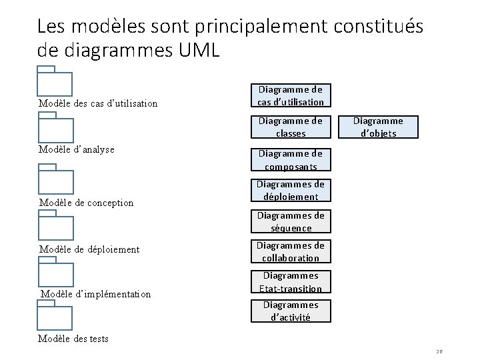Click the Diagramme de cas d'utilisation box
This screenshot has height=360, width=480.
pos(291,95)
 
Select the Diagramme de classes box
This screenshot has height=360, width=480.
pos(291,127)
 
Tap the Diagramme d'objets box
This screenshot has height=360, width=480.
pos(378,127)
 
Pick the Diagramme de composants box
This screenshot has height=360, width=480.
pos(291,160)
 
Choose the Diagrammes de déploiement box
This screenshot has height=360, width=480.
pos(291,190)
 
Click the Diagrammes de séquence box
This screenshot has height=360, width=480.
pos(291,221)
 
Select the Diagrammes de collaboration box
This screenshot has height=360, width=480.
pos(291,251)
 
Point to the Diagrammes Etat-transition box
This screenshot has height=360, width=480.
pos(291,281)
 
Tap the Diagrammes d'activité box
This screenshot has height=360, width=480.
pos(291,311)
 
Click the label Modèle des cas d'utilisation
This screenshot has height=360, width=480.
pos(98,103)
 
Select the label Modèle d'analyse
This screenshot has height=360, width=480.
pos(77,149)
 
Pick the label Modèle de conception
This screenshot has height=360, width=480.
pos(86,203)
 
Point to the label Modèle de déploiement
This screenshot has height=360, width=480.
pos(89,249)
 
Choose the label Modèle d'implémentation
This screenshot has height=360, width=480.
pos(95,294)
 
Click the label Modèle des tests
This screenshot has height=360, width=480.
pos(73,339)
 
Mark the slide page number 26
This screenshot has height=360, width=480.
pos(440,351)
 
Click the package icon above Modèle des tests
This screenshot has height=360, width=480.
pos(55,314)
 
